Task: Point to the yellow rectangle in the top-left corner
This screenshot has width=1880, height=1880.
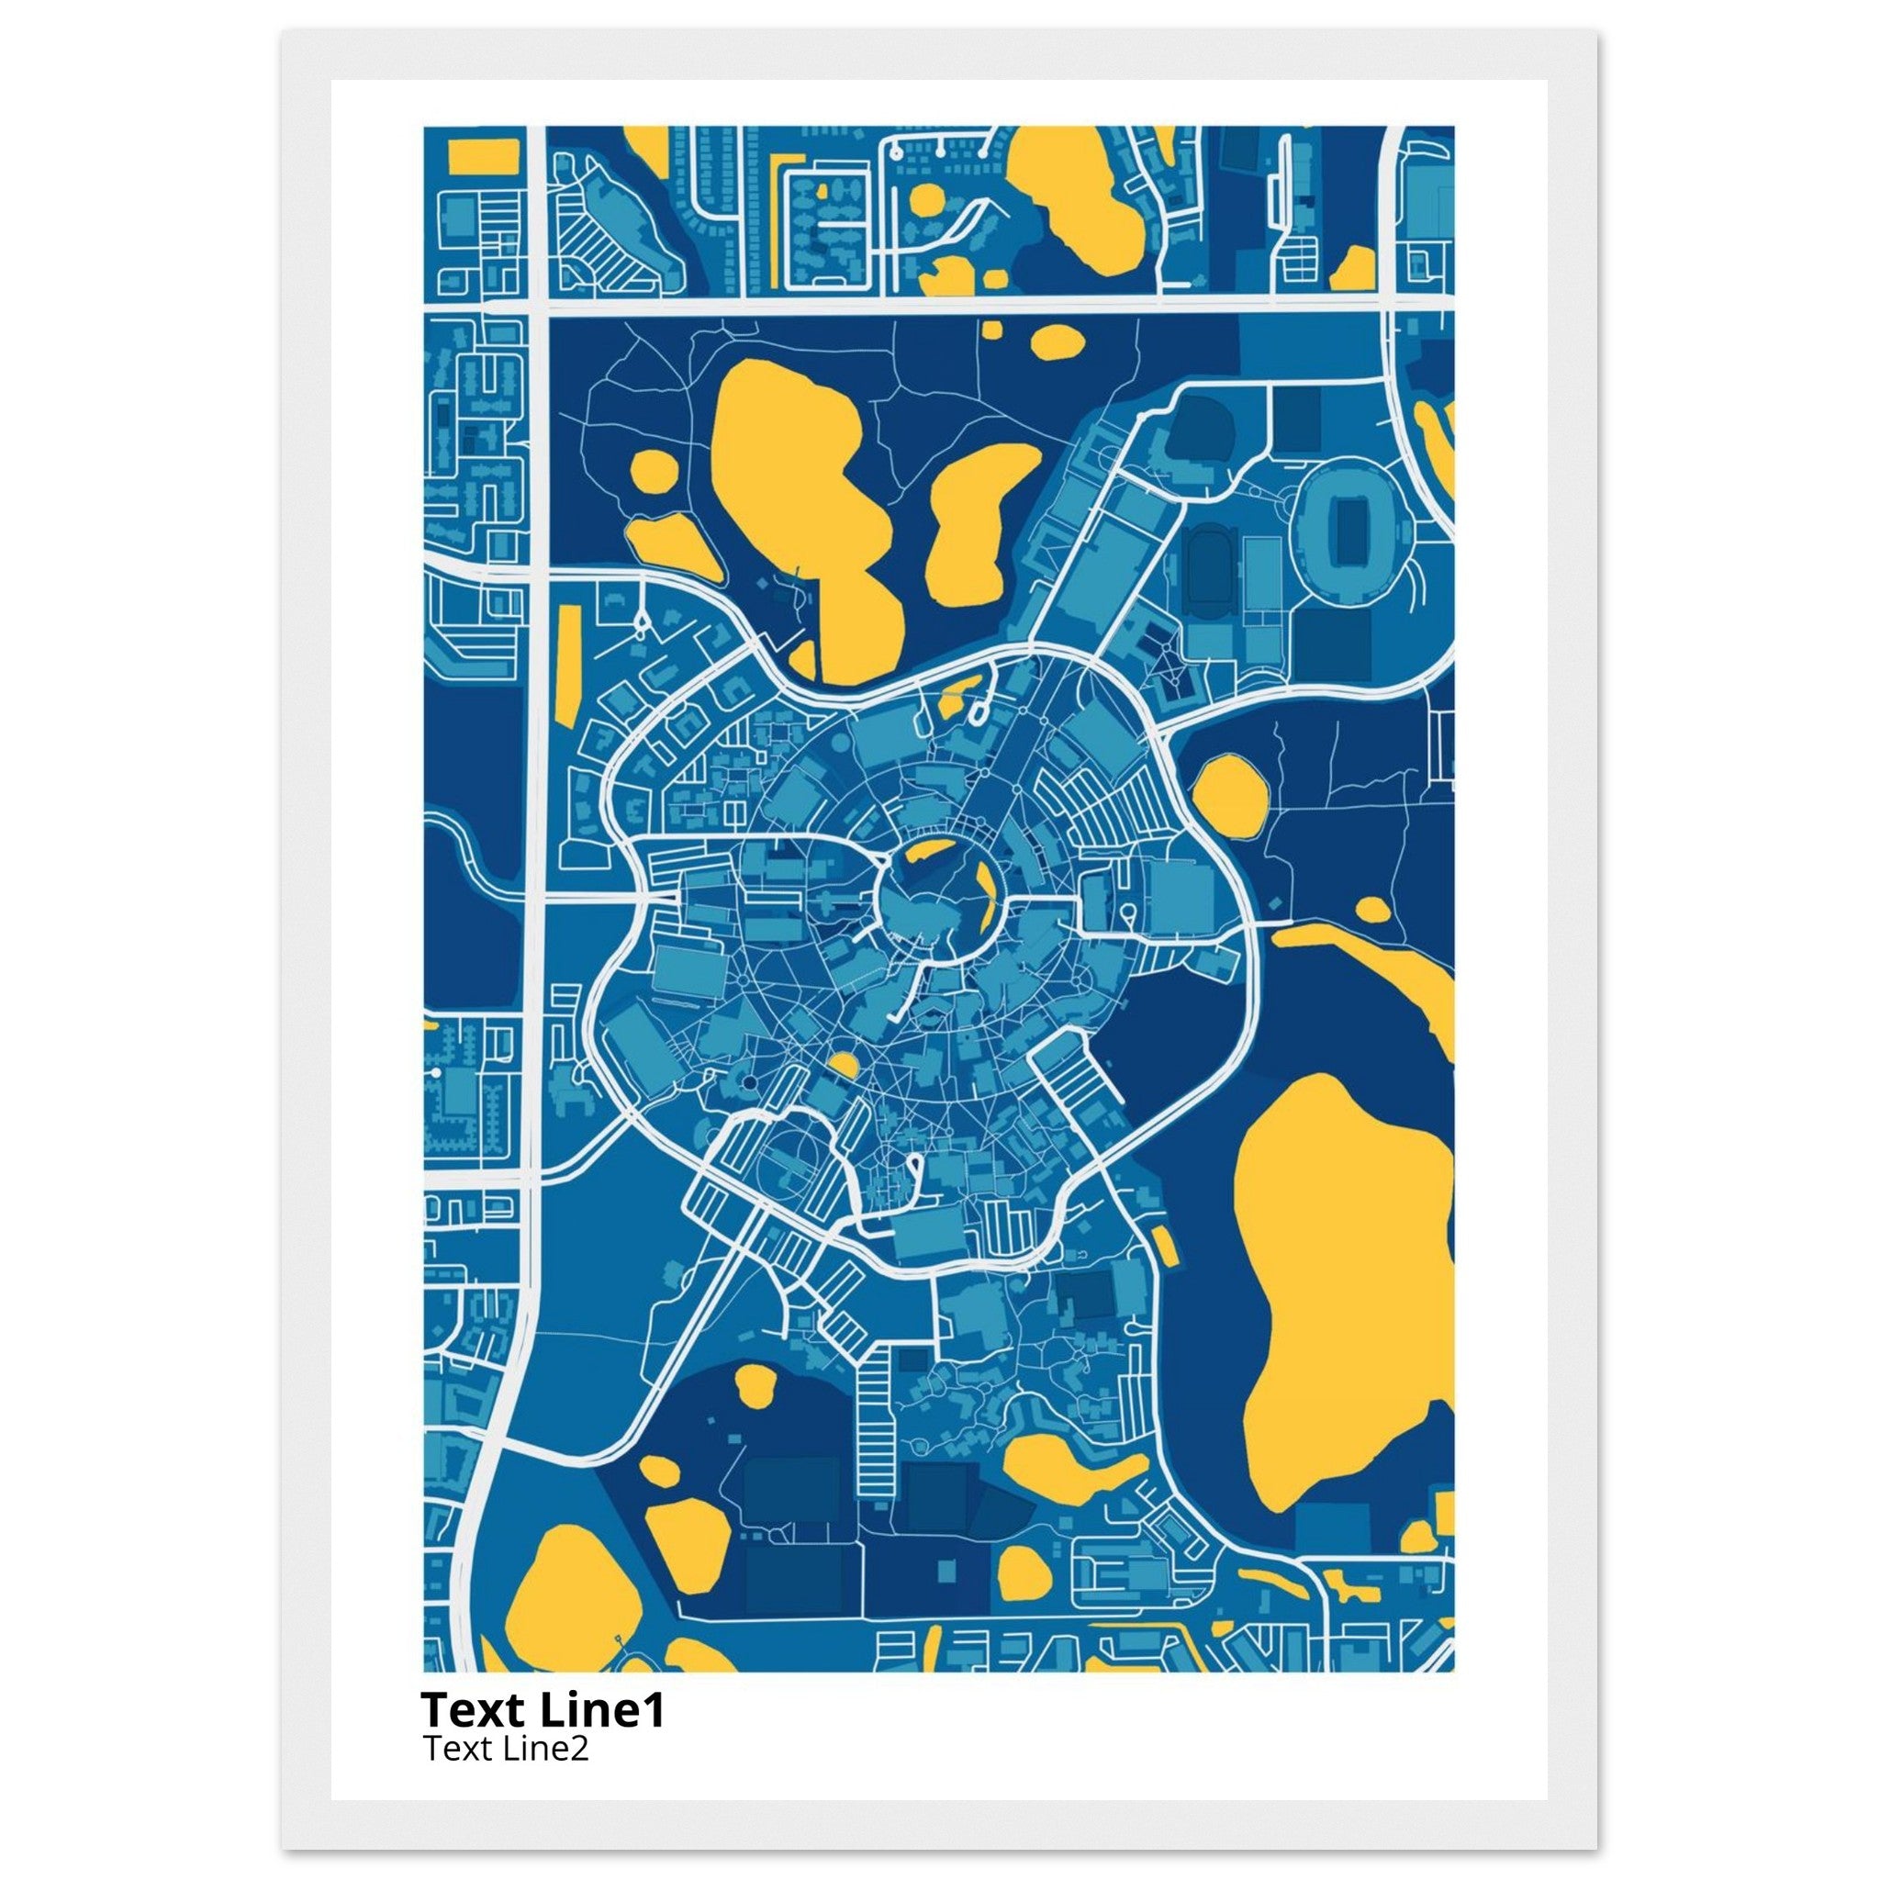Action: pyautogui.click(x=473, y=156)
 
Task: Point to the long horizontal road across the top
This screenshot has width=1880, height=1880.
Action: pyautogui.click(x=963, y=305)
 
